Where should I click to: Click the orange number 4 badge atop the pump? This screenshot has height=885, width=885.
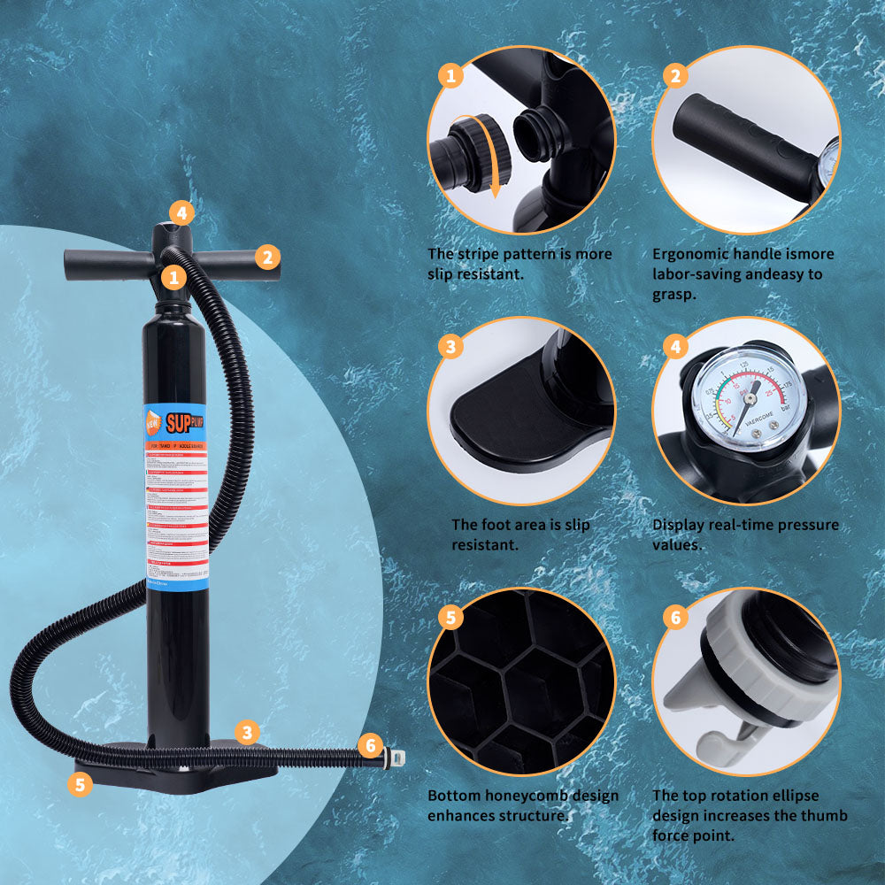[x=181, y=212]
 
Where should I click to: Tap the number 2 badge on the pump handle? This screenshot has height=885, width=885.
[x=268, y=258]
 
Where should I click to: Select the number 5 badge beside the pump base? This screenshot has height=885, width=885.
[x=81, y=784]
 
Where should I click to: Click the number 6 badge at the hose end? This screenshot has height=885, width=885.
[x=371, y=745]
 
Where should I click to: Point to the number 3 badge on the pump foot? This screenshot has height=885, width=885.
[x=248, y=732]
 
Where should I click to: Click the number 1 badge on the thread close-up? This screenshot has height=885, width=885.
[x=450, y=75]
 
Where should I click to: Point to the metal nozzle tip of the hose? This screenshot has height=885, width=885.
[x=397, y=758]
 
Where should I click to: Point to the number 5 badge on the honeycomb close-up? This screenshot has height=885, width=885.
[x=450, y=617]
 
